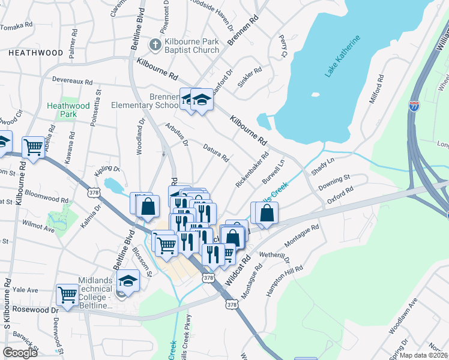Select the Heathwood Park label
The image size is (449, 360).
[68, 110]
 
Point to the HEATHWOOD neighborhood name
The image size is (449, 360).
[35, 53]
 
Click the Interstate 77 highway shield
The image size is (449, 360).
[414, 106]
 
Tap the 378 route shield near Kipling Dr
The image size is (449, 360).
[94, 193]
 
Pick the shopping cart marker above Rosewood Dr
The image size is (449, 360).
[67, 295]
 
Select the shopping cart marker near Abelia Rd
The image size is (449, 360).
[33, 147]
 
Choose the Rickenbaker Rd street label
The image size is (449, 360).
[252, 169]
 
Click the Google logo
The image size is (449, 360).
[20, 353]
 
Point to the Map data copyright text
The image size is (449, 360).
[424, 355]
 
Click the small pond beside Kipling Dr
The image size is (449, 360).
[112, 184]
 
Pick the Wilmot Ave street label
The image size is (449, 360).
[39, 229]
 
